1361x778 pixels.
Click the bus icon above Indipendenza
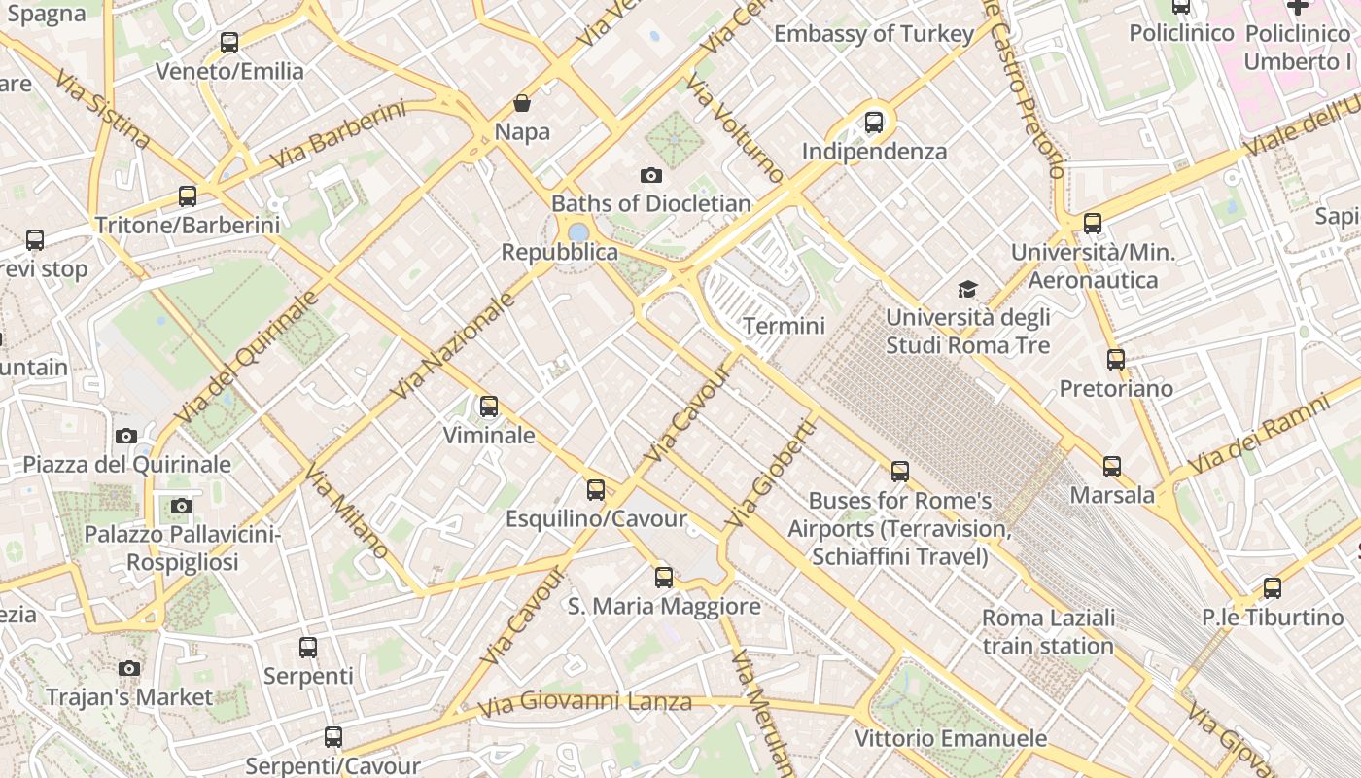873,123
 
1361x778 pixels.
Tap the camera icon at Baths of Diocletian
651,176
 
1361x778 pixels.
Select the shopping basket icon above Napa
522,103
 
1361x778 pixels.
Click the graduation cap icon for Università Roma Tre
967,289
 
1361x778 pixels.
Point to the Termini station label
784,326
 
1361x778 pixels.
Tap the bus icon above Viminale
489,407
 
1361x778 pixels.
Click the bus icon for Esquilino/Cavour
596,490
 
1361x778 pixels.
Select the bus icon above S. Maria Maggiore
664,578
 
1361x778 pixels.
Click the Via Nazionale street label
452,347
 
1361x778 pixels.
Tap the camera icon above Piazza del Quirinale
126,436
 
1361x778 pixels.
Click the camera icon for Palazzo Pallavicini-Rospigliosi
182,506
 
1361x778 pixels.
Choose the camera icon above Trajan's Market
129,668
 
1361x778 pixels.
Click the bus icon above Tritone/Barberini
188,196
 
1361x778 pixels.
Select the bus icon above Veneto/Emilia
229,43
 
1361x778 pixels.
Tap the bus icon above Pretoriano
1116,360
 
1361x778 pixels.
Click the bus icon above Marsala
1112,467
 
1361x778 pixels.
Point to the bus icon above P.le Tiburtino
1272,588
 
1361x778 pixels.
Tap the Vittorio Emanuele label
951,738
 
